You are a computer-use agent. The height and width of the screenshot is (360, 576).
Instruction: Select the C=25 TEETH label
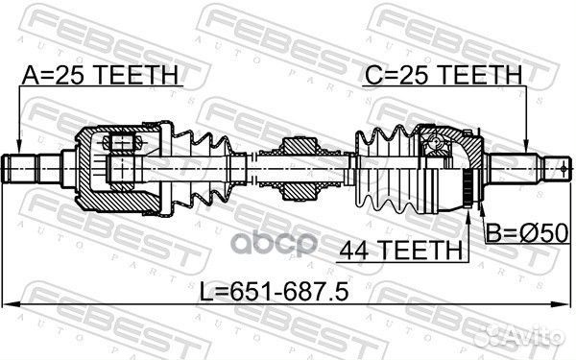tap(443, 74)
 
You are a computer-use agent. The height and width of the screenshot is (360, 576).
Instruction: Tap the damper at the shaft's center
tap(298, 169)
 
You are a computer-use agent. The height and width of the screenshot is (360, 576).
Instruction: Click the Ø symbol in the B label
tap(532, 231)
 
